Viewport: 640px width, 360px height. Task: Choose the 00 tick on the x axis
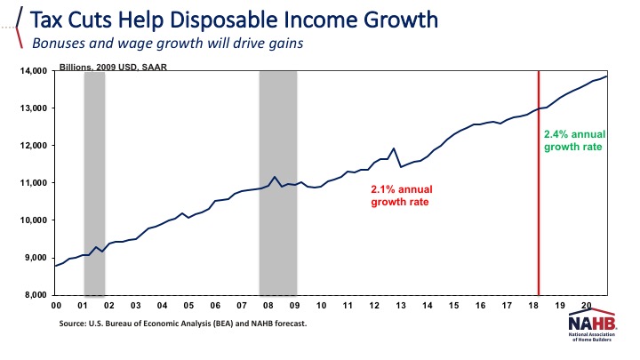55,306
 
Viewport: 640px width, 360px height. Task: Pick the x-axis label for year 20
586,306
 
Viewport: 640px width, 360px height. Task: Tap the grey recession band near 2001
94,182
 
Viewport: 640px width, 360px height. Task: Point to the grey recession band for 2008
277,182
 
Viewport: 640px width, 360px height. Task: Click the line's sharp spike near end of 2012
394,148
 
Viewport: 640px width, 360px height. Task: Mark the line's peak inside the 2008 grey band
276,178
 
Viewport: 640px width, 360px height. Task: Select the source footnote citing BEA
184,324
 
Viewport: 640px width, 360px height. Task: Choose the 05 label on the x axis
188,306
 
